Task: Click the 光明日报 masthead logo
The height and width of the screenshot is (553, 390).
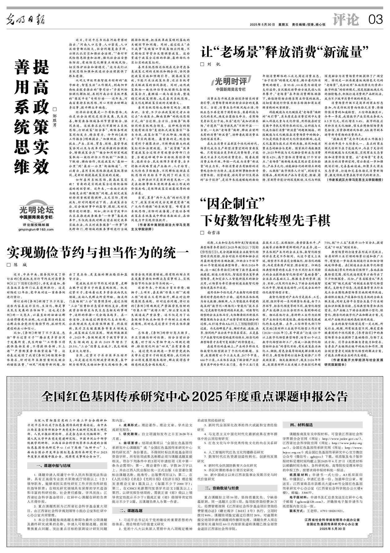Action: tap(26, 20)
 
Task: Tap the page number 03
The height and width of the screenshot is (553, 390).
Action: tap(375, 20)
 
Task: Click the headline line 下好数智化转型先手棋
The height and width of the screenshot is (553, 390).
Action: tap(266, 220)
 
